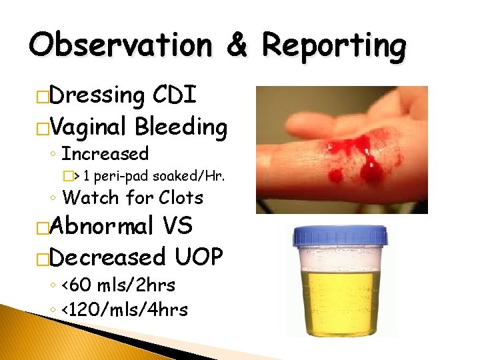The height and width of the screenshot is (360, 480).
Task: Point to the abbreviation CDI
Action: (x=175, y=95)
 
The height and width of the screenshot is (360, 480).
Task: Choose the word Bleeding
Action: (x=181, y=125)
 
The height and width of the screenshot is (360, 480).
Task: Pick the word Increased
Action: (x=105, y=154)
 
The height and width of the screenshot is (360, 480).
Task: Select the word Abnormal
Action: (x=101, y=226)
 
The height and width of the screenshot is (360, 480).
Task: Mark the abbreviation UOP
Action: (x=198, y=256)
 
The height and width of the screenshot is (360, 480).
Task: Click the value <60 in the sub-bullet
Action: (x=77, y=285)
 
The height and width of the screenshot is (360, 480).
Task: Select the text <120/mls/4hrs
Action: (x=124, y=309)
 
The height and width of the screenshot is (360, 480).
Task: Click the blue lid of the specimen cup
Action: (x=341, y=235)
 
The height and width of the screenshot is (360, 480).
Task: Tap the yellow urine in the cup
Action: (x=341, y=300)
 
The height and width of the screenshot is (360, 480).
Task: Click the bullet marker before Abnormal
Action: (x=43, y=227)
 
